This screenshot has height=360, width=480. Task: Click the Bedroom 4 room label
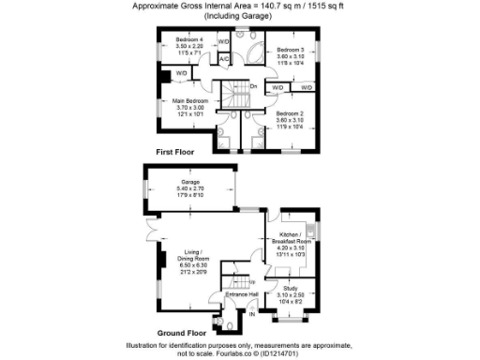(x=189, y=38)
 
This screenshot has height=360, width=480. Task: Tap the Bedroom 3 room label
(x=290, y=49)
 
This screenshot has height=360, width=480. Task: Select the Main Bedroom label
(x=189, y=100)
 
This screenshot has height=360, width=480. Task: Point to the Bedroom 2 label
(x=291, y=112)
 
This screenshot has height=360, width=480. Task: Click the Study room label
(x=291, y=289)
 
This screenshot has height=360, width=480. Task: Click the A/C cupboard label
(x=224, y=59)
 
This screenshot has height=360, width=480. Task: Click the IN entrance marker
(x=251, y=314)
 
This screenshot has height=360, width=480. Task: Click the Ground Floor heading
(x=182, y=333)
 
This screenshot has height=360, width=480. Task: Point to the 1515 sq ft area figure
(x=320, y=6)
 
